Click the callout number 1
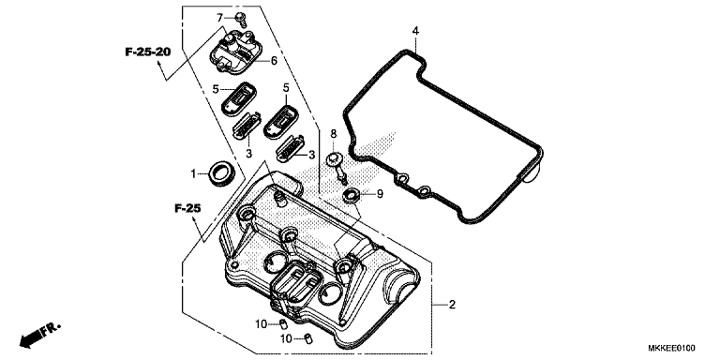[x=194, y=173]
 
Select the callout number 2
[x=451, y=306]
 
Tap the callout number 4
[x=414, y=32]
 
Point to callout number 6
[x=274, y=61]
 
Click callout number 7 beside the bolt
[x=220, y=18]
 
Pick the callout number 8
[x=332, y=133]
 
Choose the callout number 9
[x=380, y=194]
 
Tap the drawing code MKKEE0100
[x=682, y=350]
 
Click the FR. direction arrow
[x=37, y=333]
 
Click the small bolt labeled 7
[x=240, y=18]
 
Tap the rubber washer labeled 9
[x=353, y=195]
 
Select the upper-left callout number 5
[x=215, y=89]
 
